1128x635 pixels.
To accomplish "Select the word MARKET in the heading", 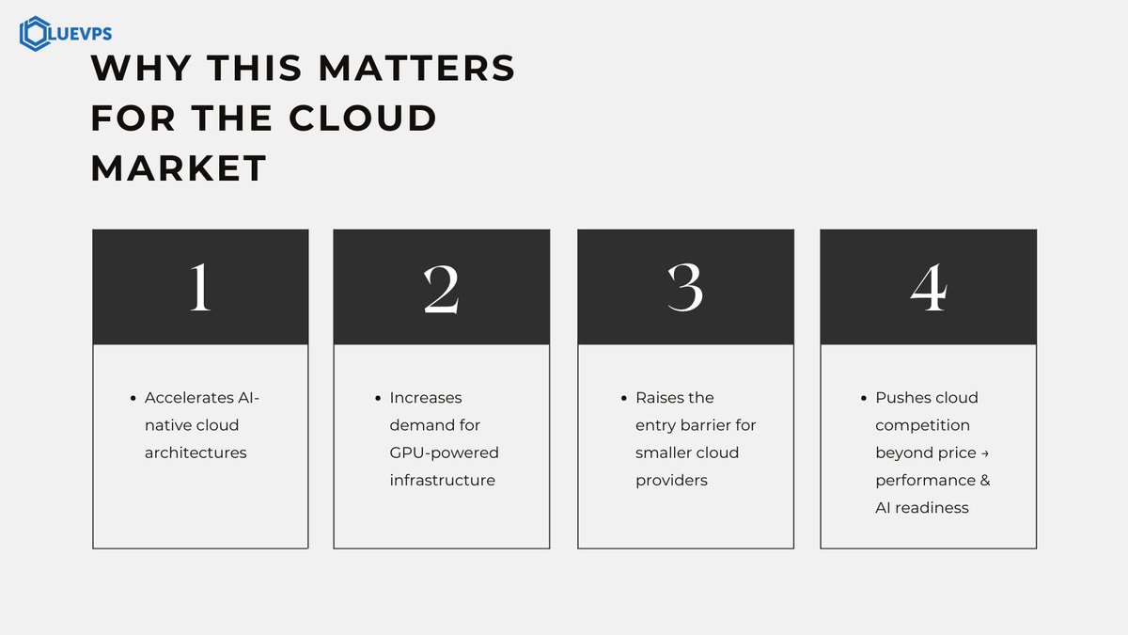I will (179, 168).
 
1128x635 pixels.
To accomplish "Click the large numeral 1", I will (199, 287).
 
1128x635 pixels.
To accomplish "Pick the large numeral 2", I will (441, 287).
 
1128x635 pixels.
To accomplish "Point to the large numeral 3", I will (684, 287).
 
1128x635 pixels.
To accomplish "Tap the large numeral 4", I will (928, 287).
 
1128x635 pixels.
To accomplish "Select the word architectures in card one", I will (196, 452).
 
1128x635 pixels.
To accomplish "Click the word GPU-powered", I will (444, 452).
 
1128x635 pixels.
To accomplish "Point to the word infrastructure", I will (442, 480).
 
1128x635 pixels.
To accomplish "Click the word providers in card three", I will (671, 480).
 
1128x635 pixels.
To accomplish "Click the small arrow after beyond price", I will (984, 453).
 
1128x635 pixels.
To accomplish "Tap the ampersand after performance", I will (984, 480).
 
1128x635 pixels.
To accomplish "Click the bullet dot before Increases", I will (378, 398).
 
